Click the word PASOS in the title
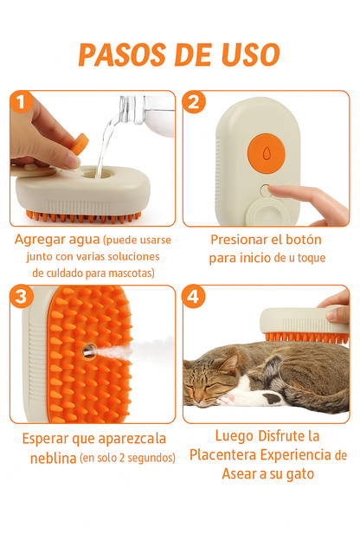tap(121, 55)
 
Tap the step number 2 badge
tap(196, 103)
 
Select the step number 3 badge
tap(23, 298)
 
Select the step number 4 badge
tap(196, 298)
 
